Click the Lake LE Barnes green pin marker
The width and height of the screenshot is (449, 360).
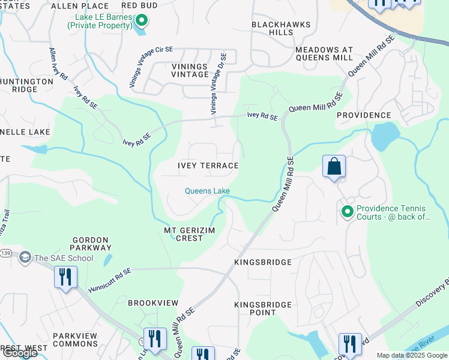tap(142, 21)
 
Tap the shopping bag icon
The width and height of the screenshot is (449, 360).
tap(334, 166)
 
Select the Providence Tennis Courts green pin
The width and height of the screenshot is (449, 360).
tap(346, 211)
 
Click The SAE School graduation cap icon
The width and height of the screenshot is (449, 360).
tap(25, 258)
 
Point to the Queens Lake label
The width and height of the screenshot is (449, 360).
tap(206, 191)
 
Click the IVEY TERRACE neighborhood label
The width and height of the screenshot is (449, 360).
tap(208, 166)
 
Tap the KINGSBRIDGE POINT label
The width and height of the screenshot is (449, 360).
tap(263, 308)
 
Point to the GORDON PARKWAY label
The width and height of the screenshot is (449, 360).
tap(92, 243)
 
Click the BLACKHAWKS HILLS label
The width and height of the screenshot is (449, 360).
tap(281, 28)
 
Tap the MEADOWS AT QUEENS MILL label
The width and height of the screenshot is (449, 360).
tap(324, 53)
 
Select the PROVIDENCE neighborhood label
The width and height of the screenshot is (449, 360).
tap(364, 115)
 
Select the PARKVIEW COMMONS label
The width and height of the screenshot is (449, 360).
tap(75, 340)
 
